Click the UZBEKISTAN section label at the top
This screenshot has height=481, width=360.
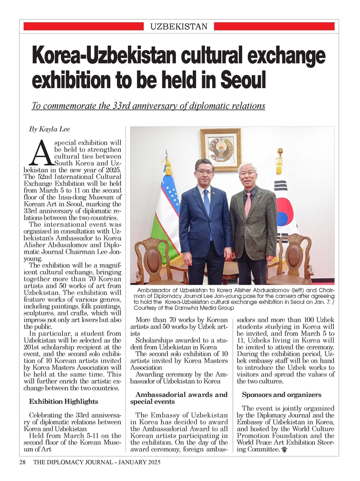point(179,27)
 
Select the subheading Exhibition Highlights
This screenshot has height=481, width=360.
point(63,402)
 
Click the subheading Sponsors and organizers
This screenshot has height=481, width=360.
point(281,395)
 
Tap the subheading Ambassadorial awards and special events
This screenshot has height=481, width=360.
point(179,398)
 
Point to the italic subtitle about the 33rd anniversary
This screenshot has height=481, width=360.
point(148,106)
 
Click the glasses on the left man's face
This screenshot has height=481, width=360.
point(204,172)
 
